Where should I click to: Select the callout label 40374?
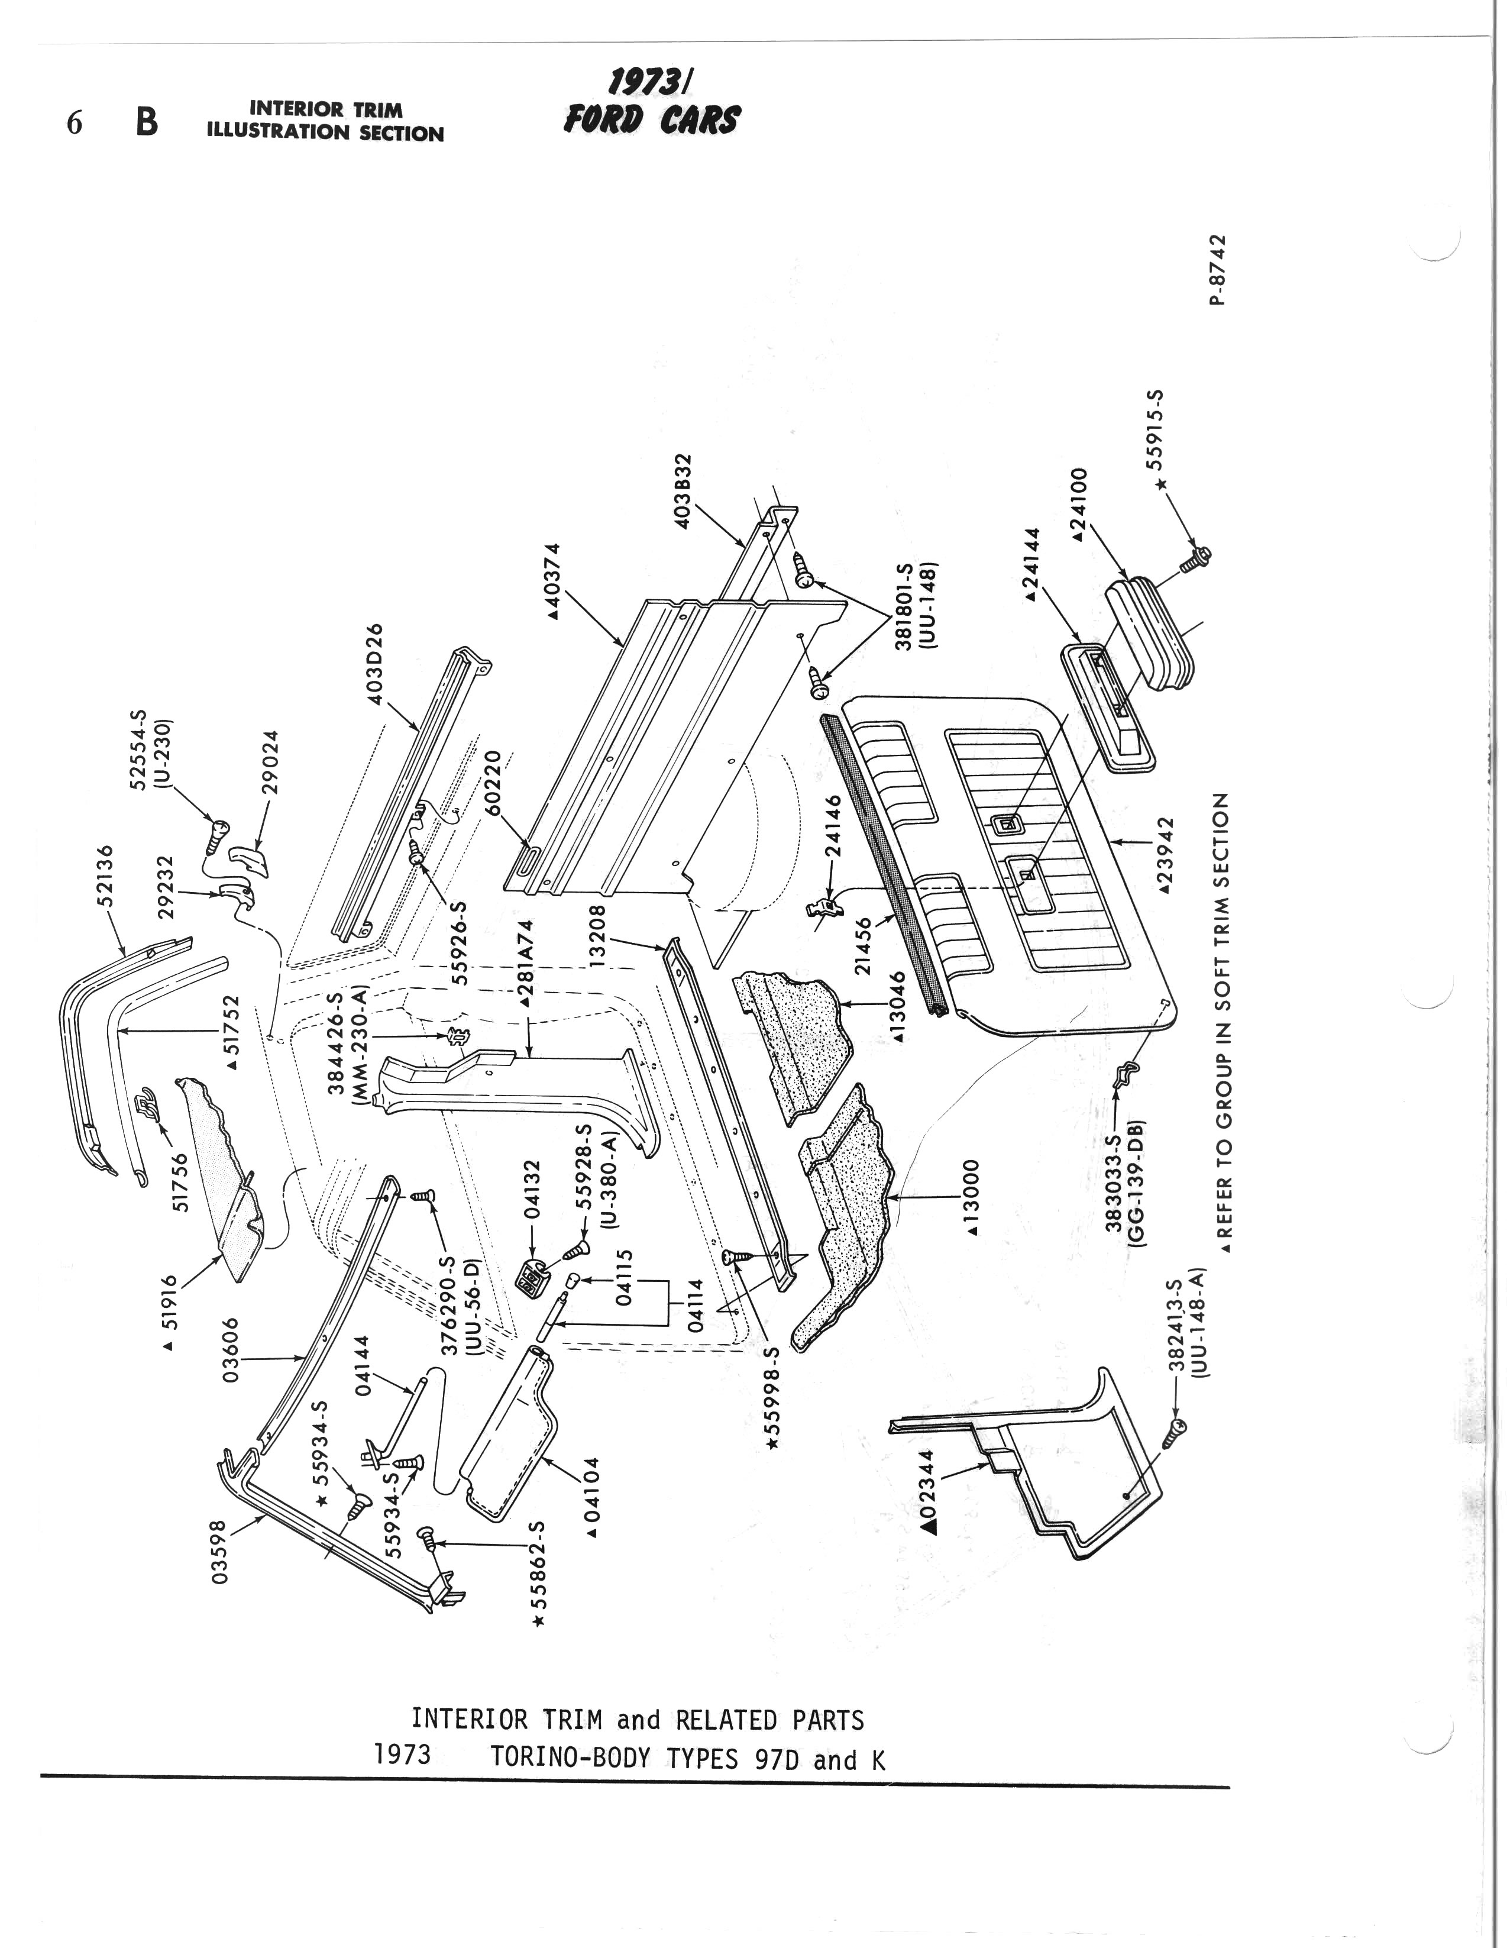[554, 581]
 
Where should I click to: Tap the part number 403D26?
[376, 664]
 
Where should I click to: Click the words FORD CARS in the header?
[651, 119]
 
